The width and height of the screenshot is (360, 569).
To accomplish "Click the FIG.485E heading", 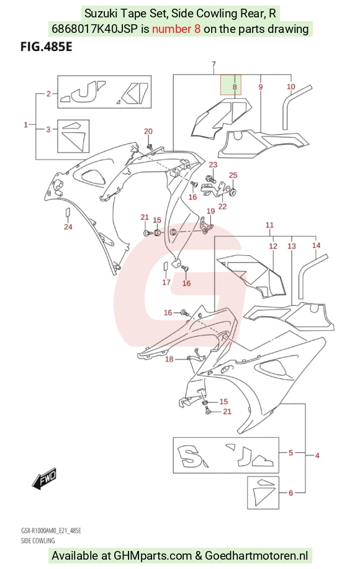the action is pyautogui.click(x=47, y=47).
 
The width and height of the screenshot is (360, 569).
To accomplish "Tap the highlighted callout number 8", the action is pyautogui.click(x=235, y=87).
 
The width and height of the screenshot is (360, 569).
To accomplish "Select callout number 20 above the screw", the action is pyautogui.click(x=148, y=131).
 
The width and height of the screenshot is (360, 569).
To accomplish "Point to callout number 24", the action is pyautogui.click(x=68, y=227).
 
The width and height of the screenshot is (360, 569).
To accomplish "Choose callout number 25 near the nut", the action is pyautogui.click(x=233, y=175).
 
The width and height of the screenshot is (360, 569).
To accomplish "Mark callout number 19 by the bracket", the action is pyautogui.click(x=210, y=211).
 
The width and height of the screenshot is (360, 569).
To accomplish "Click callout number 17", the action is pyautogui.click(x=166, y=282).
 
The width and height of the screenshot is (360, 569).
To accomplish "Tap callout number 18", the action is pyautogui.click(x=169, y=359).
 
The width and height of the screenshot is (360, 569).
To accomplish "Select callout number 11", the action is pyautogui.click(x=269, y=225).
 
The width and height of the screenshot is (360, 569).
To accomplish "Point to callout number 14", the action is pyautogui.click(x=316, y=245).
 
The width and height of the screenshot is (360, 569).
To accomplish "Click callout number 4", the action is pyautogui.click(x=317, y=455).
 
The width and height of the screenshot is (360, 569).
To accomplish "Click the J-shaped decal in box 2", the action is pyautogui.click(x=87, y=91).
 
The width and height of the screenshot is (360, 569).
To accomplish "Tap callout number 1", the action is pyautogui.click(x=25, y=125).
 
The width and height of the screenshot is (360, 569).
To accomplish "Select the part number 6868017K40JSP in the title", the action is pyautogui.click(x=94, y=29).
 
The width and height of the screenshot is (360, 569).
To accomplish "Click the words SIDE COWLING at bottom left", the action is pyautogui.click(x=38, y=540).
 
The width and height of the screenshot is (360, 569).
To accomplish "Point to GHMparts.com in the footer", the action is pyautogui.click(x=153, y=555).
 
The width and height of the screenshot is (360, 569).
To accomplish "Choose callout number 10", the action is pyautogui.click(x=290, y=87).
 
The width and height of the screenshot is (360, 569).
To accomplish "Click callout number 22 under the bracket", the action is pyautogui.click(x=222, y=206).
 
